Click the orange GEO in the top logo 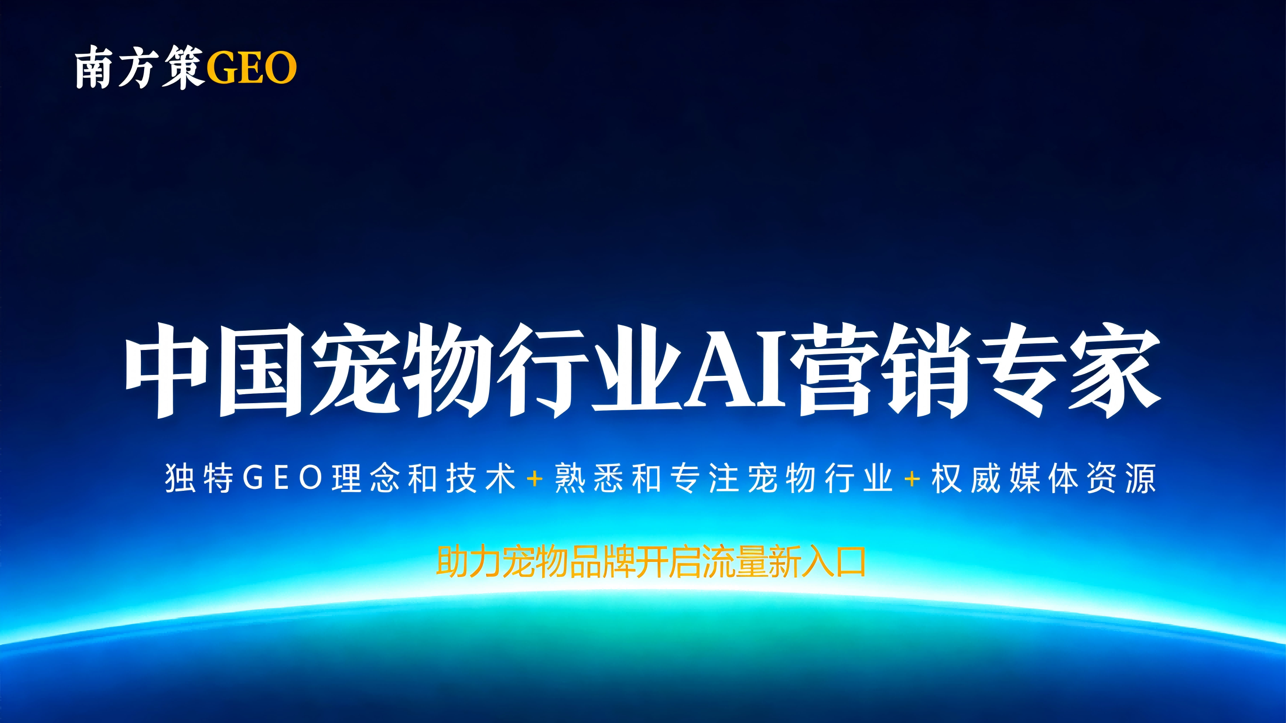click(251, 68)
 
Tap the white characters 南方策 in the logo click(139, 68)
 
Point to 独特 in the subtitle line click(199, 478)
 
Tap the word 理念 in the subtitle click(366, 478)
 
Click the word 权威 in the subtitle click(966, 478)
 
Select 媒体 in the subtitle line click(1043, 478)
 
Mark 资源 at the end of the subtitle click(1121, 478)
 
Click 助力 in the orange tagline click(468, 562)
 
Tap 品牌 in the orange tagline click(602, 562)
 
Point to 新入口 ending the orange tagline click(817, 562)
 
